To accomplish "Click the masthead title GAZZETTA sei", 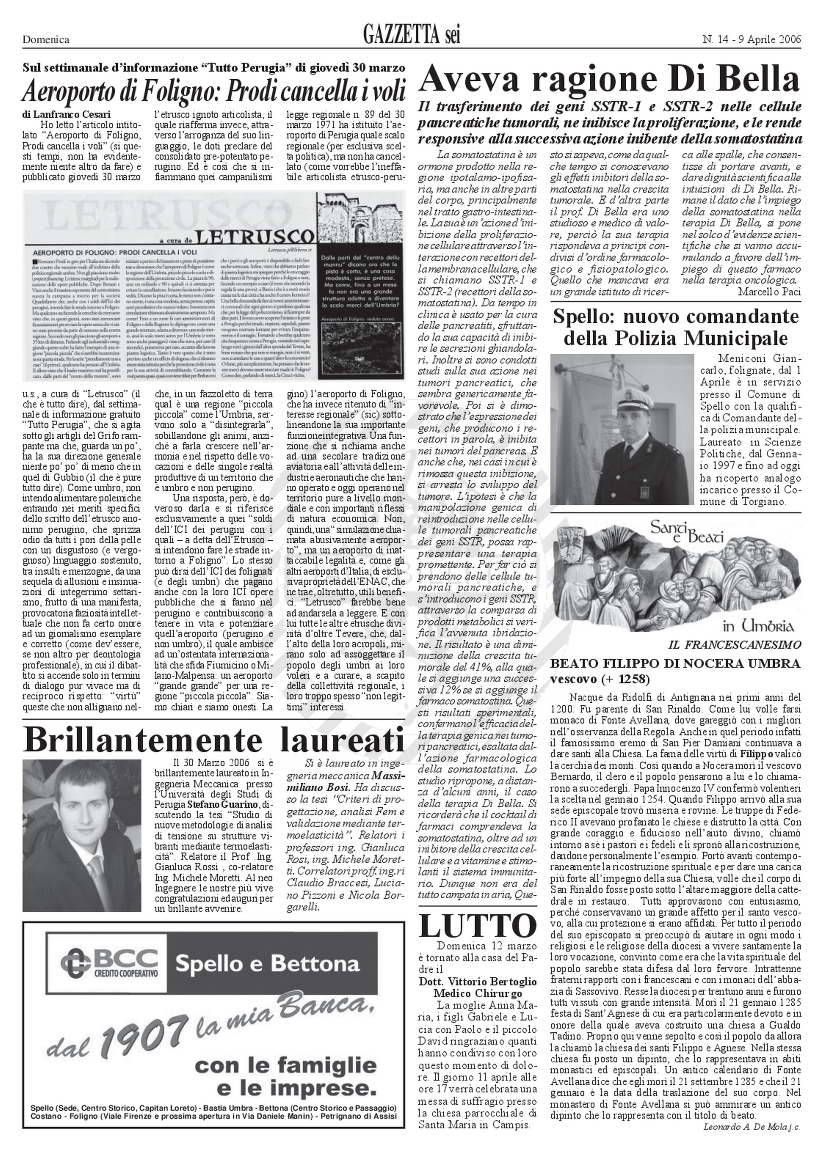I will pos(411,37).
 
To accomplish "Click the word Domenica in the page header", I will pos(46,40).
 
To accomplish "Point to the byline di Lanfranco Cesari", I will pos(67,115).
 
